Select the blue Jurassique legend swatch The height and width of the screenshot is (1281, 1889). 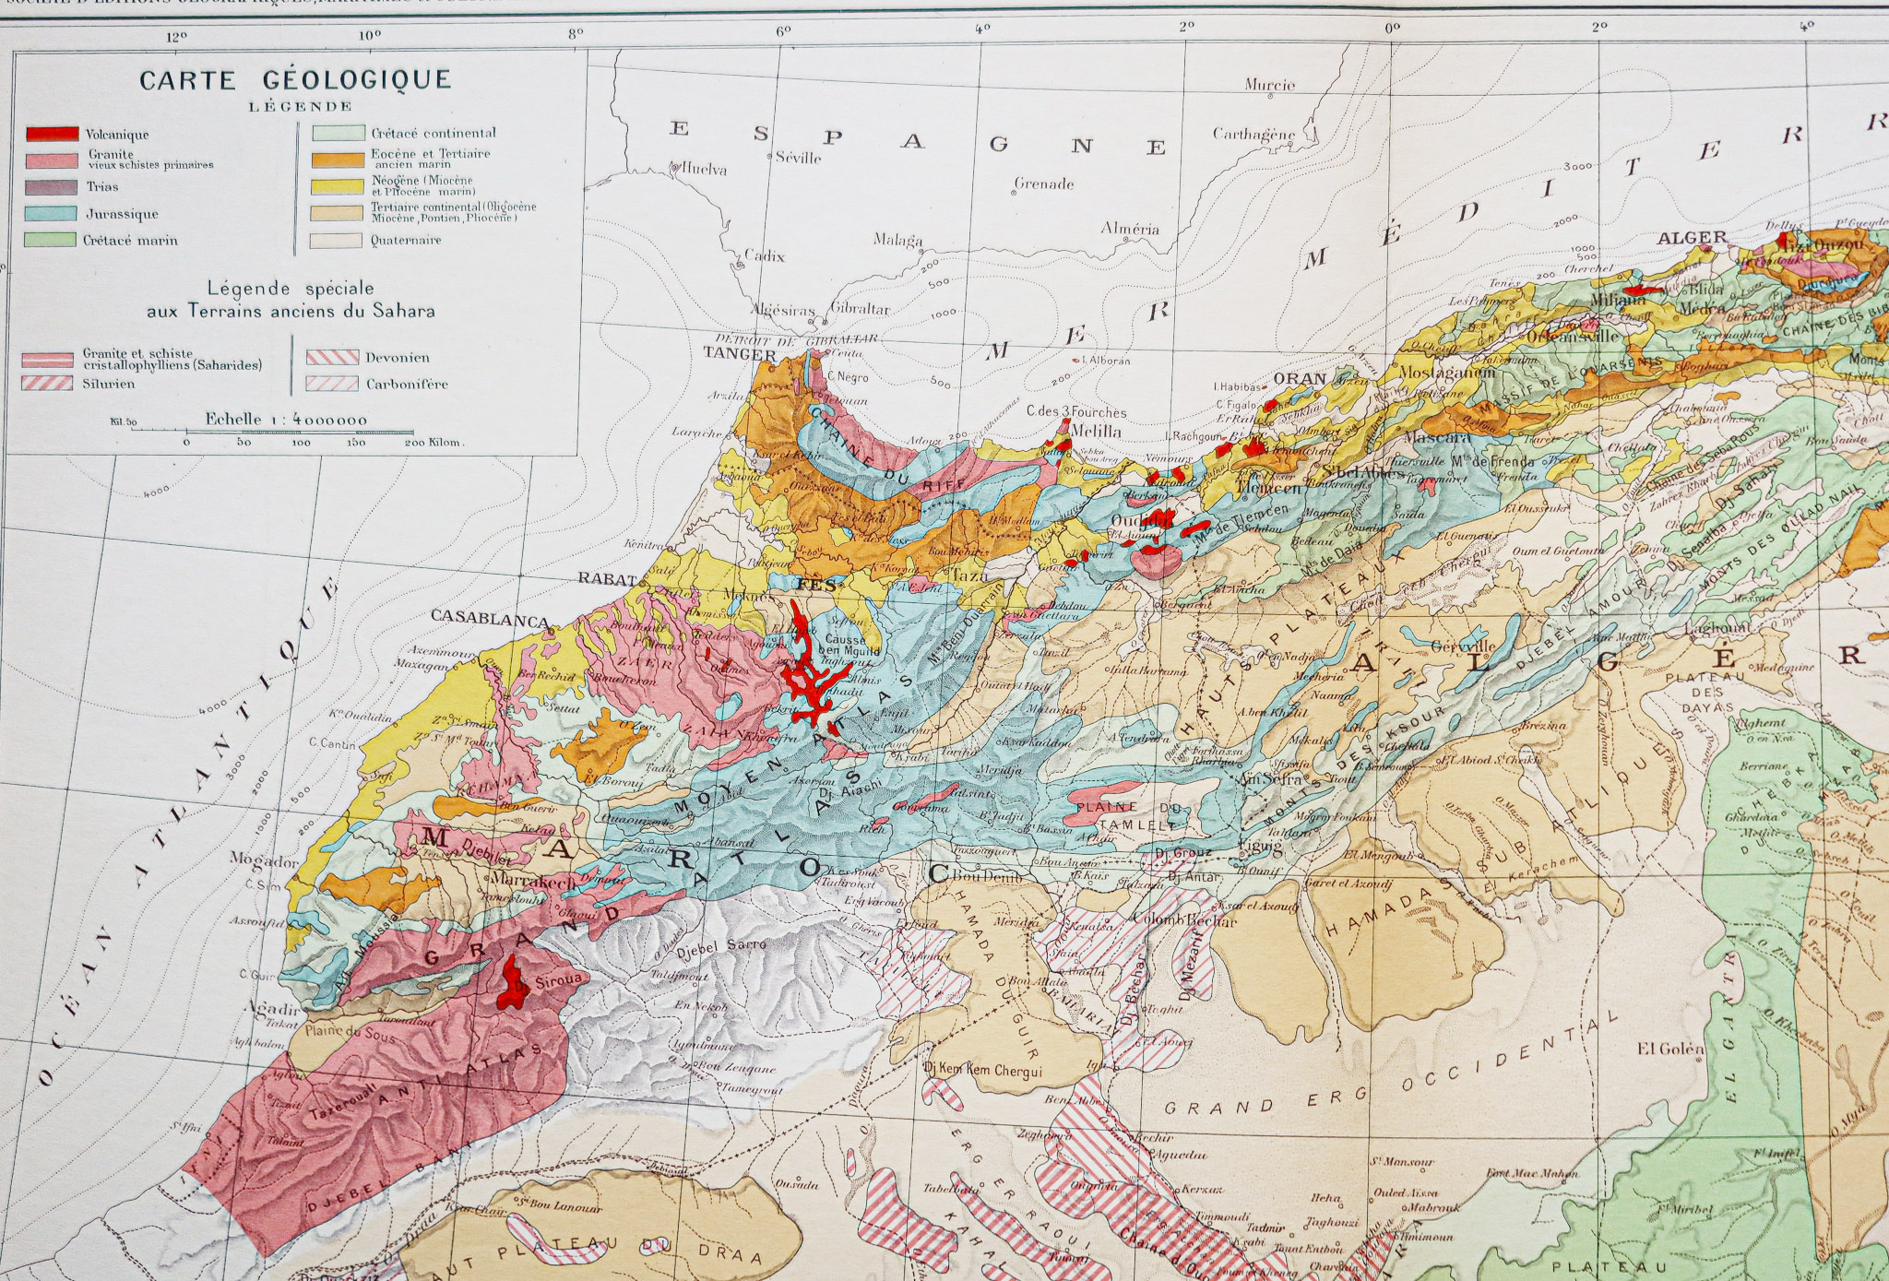[53, 213]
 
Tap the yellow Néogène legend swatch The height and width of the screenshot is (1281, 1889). [337, 185]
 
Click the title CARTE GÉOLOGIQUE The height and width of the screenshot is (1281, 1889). [295, 80]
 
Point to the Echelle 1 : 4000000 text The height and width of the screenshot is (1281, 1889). [286, 420]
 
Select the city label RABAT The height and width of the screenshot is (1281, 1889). [606, 579]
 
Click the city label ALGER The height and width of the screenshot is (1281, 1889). [1692, 238]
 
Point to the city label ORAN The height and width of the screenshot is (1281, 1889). [1300, 379]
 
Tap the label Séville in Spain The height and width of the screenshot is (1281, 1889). [798, 158]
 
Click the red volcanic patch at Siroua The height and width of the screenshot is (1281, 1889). [508, 982]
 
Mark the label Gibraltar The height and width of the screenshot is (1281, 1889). [860, 309]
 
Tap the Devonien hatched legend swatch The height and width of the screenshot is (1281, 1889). [332, 358]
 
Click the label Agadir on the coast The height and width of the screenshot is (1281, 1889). [273, 1008]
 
